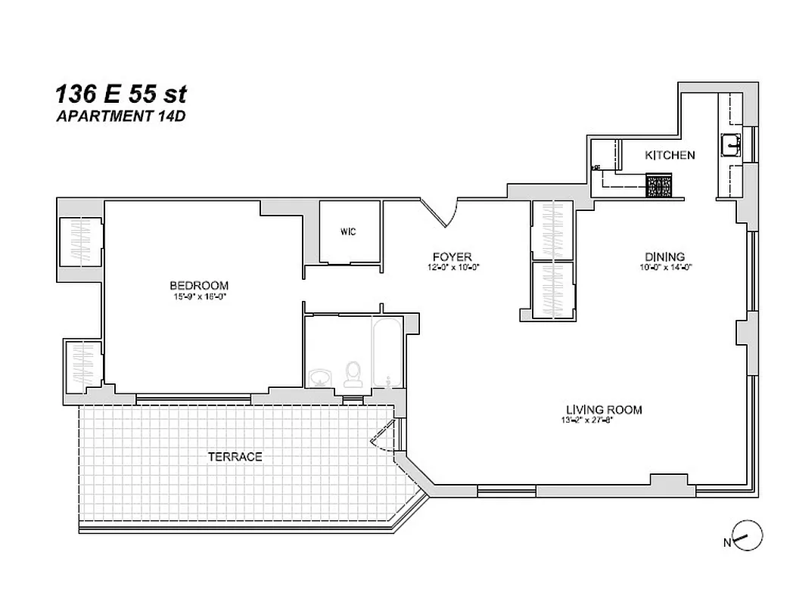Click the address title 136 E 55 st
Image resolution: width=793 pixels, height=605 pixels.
(x=120, y=95)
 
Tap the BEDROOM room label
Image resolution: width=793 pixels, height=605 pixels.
(x=199, y=285)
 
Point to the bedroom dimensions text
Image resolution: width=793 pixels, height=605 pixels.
(x=199, y=296)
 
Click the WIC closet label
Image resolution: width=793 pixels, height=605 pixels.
(x=348, y=231)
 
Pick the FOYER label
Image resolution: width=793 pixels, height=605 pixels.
(x=452, y=256)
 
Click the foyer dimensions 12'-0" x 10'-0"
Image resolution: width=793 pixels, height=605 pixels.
(x=452, y=267)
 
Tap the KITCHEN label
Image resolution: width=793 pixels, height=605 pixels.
(x=670, y=155)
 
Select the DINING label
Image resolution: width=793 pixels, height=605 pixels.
(x=665, y=256)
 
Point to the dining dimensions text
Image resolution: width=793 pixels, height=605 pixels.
(x=665, y=267)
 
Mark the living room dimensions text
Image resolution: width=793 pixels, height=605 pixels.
(x=586, y=420)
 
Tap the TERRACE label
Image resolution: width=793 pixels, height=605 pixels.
(x=235, y=457)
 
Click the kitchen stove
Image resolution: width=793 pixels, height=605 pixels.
(x=659, y=186)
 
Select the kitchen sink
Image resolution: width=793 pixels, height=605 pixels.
(x=732, y=144)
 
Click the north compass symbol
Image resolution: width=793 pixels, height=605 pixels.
(x=748, y=536)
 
